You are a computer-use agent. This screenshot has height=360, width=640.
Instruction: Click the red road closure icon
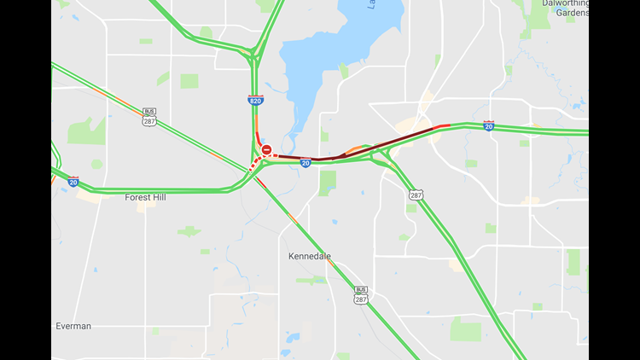267,150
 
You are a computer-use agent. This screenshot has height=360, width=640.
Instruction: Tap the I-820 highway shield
255,100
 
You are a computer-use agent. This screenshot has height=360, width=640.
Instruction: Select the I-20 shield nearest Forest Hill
73,181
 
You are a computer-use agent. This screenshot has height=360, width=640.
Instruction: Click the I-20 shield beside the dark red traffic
305,163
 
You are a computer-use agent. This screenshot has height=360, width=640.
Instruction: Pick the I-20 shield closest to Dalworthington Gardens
488,125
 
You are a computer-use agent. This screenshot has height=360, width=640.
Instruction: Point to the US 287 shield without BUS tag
416,195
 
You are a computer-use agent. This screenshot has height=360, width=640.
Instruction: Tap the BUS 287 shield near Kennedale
361,295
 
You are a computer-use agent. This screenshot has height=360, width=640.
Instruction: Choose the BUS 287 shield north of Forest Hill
149,117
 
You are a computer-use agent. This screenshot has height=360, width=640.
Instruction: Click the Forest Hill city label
145,197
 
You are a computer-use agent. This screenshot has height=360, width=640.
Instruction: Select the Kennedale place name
308,256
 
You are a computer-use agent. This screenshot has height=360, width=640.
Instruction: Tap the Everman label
73,326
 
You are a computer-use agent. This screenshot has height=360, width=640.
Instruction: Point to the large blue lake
341,60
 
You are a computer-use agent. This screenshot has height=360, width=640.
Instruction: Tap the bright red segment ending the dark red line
441,127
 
